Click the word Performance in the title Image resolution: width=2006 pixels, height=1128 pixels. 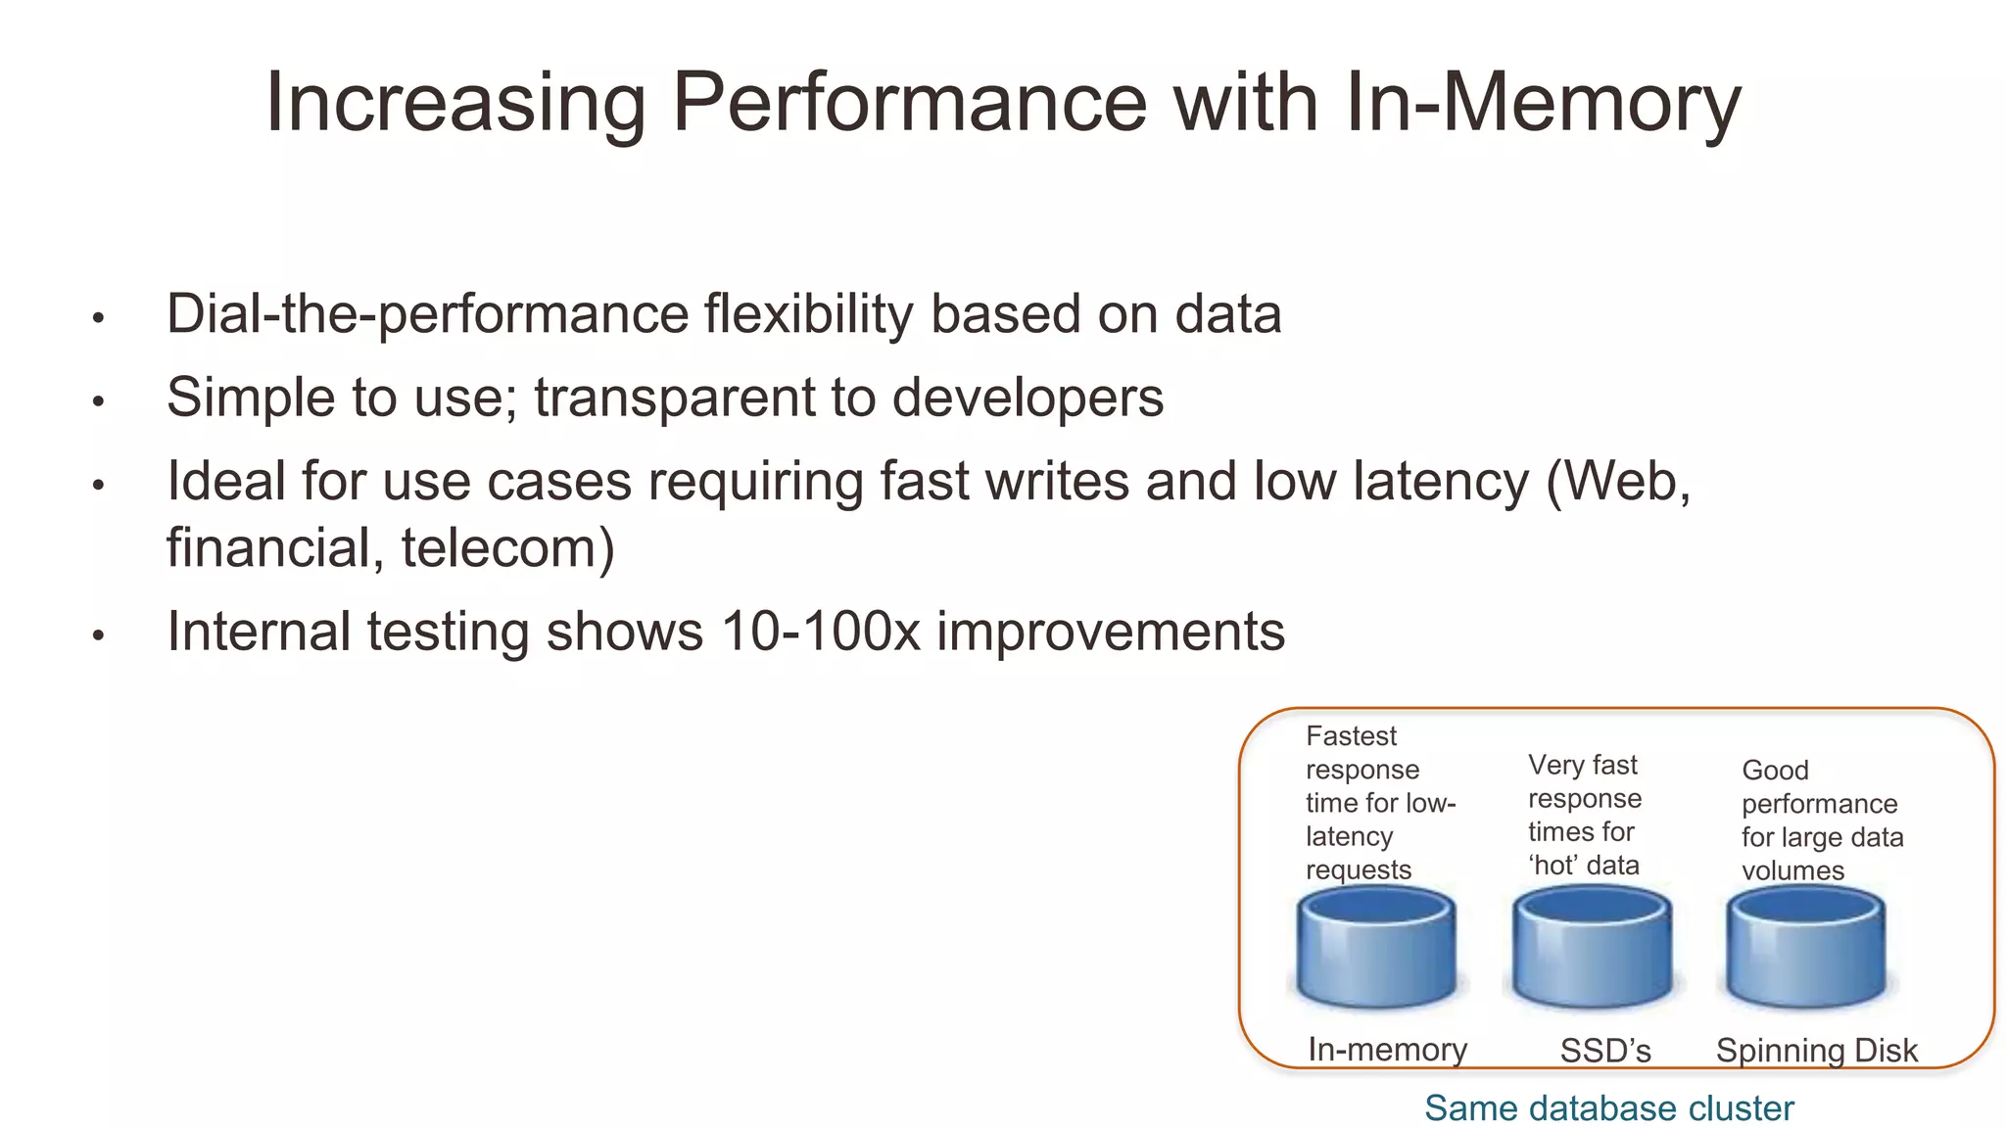tap(909, 103)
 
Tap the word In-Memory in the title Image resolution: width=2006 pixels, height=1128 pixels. tap(1543, 103)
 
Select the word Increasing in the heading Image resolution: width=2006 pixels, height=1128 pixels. tap(455, 103)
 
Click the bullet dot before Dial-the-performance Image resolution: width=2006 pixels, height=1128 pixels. tap(98, 318)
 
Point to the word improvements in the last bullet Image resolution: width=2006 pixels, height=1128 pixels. tap(1110, 632)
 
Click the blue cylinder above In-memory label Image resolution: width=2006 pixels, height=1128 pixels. tap(1376, 948)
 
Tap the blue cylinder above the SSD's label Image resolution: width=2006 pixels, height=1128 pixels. tap(1592, 948)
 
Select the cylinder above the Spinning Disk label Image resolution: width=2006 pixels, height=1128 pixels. tap(1806, 948)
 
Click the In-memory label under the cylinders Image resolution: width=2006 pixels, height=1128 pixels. tap(1387, 1050)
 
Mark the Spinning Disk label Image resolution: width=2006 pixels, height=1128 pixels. tap(1816, 1051)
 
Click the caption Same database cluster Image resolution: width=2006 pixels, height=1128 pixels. tap(1608, 1108)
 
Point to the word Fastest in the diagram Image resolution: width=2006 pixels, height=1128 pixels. tap(1351, 735)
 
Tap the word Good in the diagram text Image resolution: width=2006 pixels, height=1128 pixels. tap(1774, 770)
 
